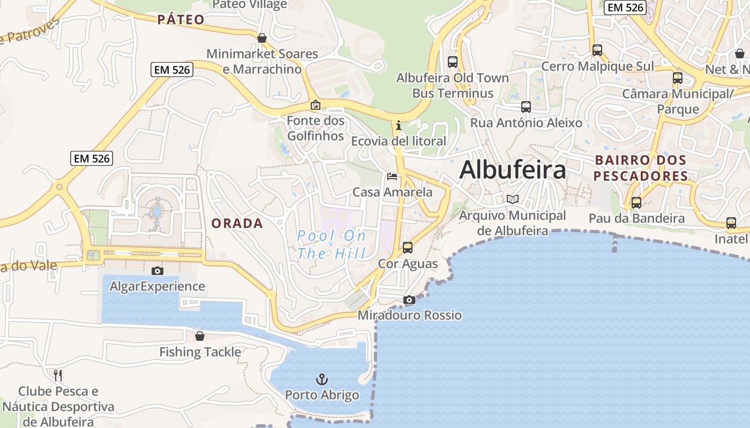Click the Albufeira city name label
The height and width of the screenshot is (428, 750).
tap(512, 170)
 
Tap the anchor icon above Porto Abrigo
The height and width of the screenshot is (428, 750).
tap(321, 380)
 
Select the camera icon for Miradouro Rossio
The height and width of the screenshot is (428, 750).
tap(409, 300)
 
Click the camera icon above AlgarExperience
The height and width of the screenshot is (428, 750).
tap(157, 271)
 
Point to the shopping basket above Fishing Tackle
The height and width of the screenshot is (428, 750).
tap(200, 336)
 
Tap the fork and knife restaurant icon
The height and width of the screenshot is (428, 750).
tap(58, 375)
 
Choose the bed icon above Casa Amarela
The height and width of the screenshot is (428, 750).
tap(392, 176)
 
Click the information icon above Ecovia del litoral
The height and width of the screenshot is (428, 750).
tap(398, 126)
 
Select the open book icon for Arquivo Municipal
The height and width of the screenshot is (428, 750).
tap(513, 200)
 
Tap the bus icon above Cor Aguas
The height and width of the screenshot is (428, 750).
tap(408, 248)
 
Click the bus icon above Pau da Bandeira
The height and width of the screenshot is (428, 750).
tap(636, 203)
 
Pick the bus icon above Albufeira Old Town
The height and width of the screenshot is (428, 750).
tap(453, 62)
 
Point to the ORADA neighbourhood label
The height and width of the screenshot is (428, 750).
tap(237, 224)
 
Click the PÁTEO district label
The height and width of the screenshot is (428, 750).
tap(181, 20)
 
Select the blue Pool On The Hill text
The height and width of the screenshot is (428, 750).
tap(332, 244)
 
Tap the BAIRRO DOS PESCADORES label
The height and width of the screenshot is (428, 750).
tap(641, 167)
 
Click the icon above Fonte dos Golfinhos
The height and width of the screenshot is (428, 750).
tap(316, 105)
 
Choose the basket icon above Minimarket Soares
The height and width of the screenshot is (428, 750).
tap(262, 38)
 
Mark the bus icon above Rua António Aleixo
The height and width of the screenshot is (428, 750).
tap(526, 107)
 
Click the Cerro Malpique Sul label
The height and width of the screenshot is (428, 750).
tap(597, 66)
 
